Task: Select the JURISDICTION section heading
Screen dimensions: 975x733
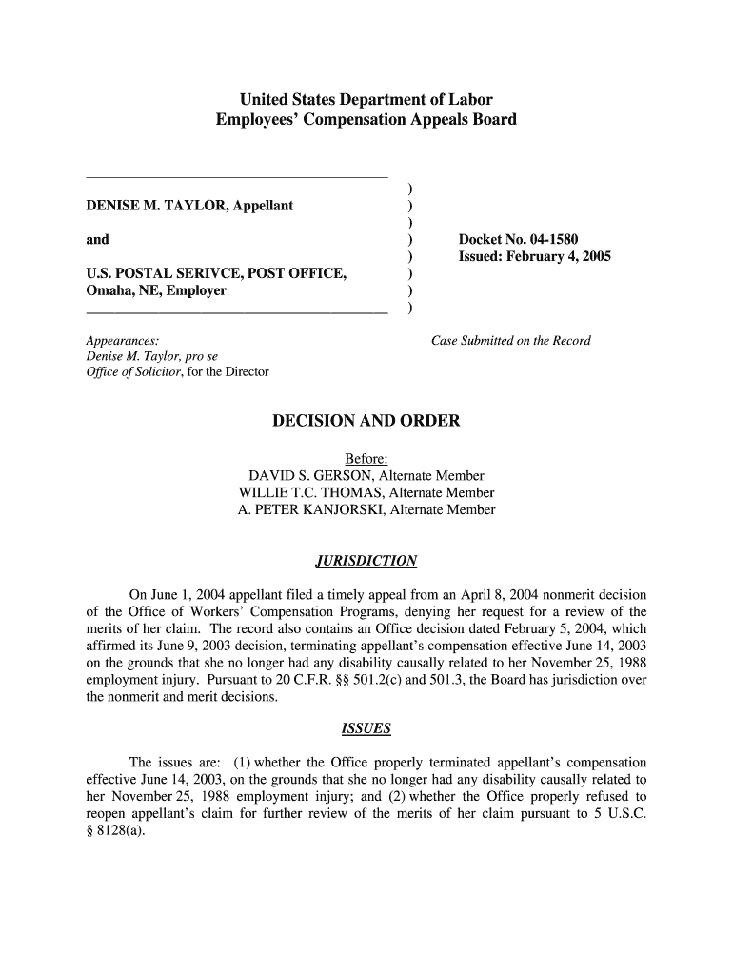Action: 366,560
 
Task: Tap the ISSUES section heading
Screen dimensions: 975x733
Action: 366,730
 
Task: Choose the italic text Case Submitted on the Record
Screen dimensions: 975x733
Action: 510,340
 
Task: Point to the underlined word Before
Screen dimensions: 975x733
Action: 366,459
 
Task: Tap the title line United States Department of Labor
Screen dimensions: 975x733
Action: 366,100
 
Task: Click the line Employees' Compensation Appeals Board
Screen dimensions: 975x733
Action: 366,120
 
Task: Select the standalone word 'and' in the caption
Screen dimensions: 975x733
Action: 97,239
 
